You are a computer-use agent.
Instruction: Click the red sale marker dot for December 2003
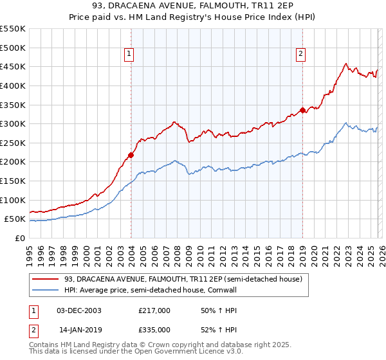(131, 155)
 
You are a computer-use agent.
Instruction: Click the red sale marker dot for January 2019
(302, 110)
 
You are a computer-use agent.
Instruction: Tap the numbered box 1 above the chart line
(130, 55)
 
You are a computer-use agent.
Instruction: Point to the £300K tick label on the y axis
(13, 123)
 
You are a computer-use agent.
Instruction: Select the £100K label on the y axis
(13, 200)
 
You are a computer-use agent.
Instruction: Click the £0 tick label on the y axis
(19, 238)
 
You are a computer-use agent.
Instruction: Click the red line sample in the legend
(46, 278)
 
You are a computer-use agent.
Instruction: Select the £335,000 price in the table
(154, 329)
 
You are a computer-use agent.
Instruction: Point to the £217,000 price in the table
(154, 310)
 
